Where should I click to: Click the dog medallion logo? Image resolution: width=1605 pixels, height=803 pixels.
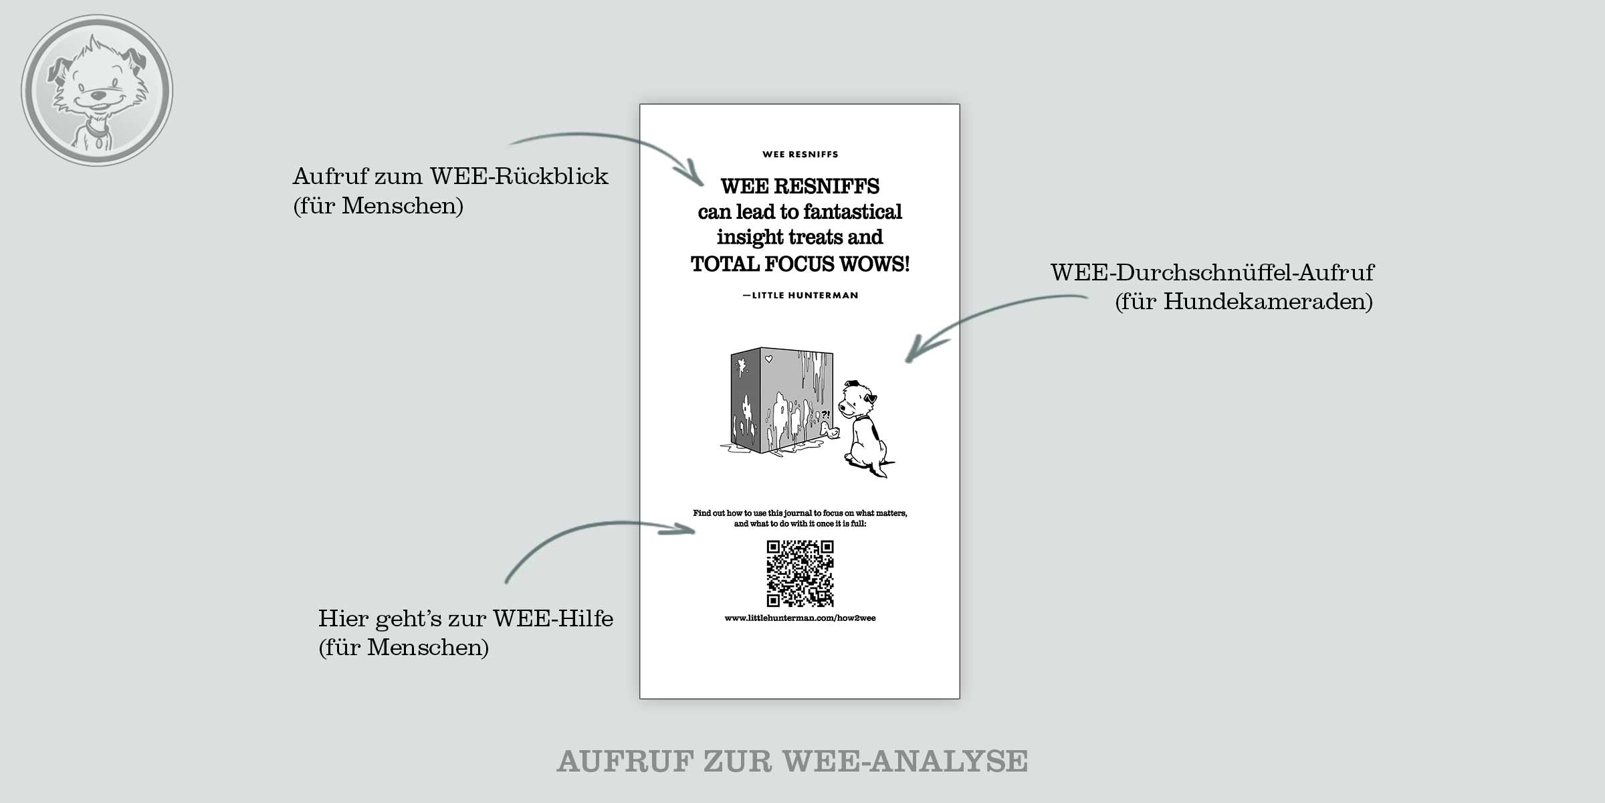[x=97, y=90]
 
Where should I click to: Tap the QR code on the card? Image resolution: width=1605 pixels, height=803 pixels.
[x=800, y=573]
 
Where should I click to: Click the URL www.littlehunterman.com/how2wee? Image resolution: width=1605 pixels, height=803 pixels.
[x=800, y=618]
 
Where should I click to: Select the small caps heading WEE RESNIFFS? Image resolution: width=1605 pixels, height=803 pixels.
[x=800, y=155]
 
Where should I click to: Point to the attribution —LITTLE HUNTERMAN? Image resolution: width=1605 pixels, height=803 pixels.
[x=800, y=295]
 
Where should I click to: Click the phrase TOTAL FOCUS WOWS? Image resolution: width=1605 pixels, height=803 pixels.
[x=800, y=264]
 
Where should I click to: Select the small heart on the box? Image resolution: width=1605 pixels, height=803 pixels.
[x=768, y=359]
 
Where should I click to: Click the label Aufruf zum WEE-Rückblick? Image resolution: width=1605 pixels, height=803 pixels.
[x=451, y=177]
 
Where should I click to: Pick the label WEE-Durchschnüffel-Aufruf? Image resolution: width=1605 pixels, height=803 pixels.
[x=1212, y=273]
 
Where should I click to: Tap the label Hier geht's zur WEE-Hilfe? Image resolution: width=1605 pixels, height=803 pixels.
[x=465, y=619]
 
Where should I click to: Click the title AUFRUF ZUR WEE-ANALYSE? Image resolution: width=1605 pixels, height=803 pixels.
[x=792, y=762]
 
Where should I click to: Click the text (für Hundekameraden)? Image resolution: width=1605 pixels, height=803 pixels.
[x=1244, y=302]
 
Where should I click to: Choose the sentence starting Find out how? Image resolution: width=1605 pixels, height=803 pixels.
[x=800, y=519]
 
